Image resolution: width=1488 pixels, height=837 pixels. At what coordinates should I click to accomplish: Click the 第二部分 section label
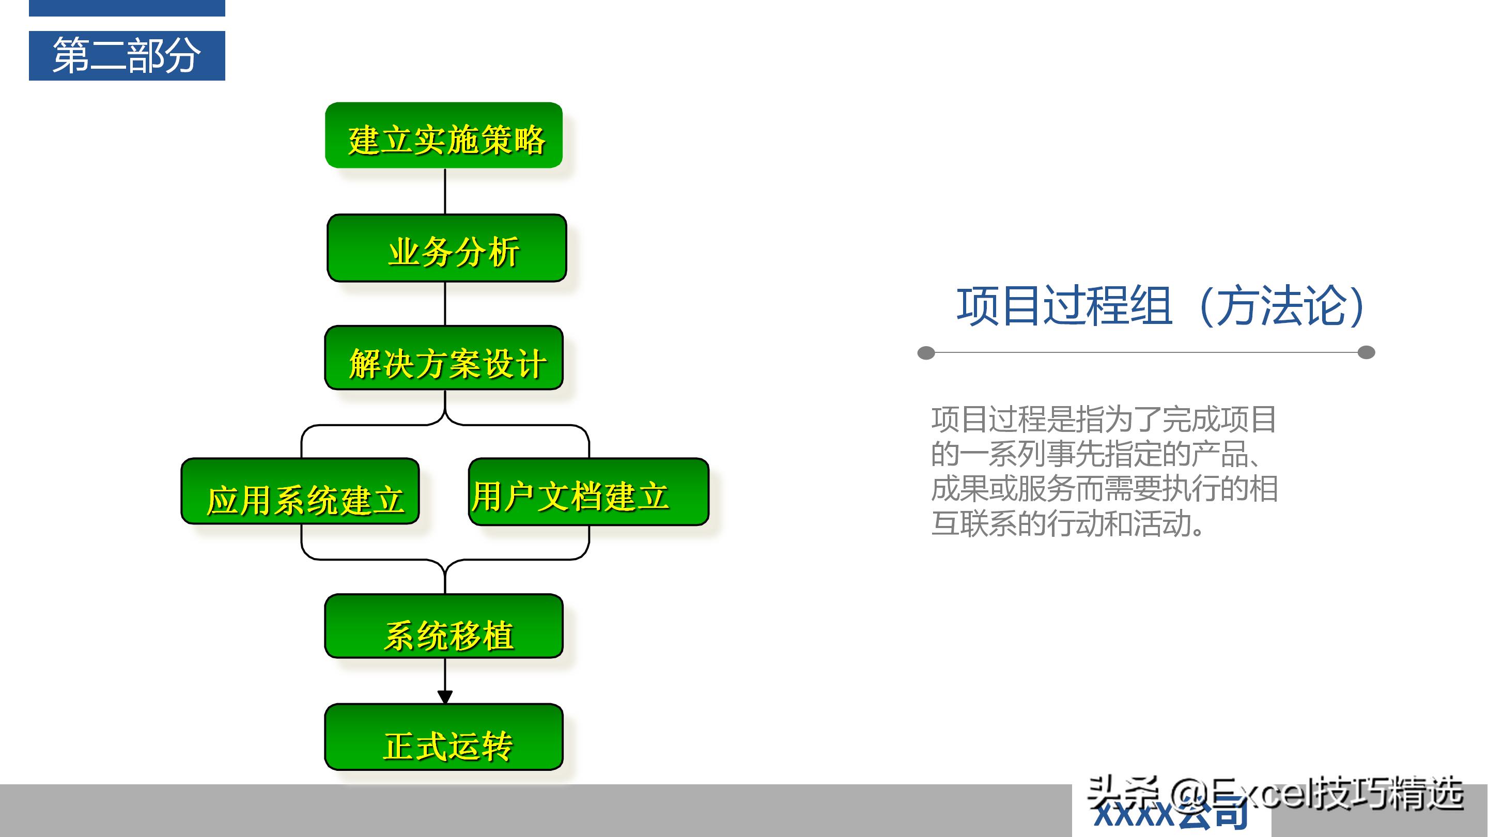(127, 55)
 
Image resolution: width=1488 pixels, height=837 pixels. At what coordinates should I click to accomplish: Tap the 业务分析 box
(446, 249)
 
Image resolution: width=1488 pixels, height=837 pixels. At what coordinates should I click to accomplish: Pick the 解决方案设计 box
(444, 358)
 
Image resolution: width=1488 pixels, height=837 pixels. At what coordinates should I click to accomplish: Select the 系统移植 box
(444, 627)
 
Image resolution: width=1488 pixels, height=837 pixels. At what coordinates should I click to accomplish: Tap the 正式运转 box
(444, 738)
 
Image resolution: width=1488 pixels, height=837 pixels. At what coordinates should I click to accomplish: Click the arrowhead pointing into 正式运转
(445, 697)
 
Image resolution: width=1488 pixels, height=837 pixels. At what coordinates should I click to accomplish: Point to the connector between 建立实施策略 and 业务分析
(445, 191)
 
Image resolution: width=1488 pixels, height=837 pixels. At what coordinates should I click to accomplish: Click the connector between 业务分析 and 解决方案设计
(445, 304)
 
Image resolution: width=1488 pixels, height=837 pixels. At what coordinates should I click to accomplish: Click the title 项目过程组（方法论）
(1161, 306)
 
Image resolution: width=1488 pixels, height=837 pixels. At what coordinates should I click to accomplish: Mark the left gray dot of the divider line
(926, 353)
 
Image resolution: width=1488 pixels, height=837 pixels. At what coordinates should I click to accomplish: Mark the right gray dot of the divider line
(1366, 352)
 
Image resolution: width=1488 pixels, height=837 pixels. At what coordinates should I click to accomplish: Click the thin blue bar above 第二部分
(127, 8)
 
